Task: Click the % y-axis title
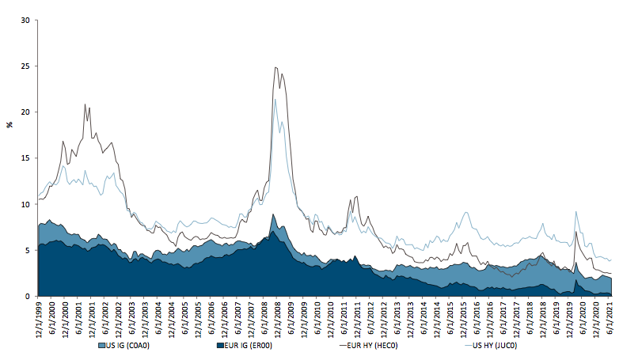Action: [x=9, y=124]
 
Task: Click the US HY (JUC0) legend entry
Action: [x=492, y=346]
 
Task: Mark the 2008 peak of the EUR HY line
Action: [x=275, y=68]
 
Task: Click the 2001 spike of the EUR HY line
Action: [x=85, y=104]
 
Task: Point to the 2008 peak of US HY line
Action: [x=275, y=99]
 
